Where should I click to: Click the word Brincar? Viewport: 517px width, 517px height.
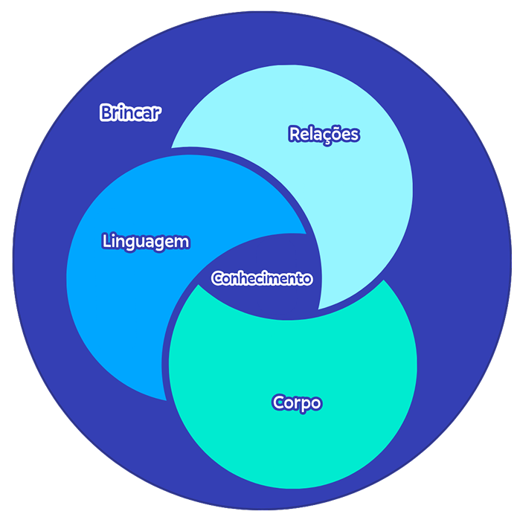pyautogui.click(x=130, y=113)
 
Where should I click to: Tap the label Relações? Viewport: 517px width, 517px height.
pyautogui.click(x=324, y=134)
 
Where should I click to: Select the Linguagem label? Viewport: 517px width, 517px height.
pyautogui.click(x=145, y=242)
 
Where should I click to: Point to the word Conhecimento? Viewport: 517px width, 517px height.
pyautogui.click(x=262, y=278)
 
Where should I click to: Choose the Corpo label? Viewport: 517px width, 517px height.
pyautogui.click(x=297, y=403)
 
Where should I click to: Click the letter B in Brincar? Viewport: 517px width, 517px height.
pyautogui.click(x=105, y=113)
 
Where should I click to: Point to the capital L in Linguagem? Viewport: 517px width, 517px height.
pyautogui.click(x=106, y=242)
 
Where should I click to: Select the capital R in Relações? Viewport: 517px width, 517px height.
pyautogui.click(x=294, y=134)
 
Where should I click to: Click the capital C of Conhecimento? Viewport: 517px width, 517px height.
pyautogui.click(x=216, y=278)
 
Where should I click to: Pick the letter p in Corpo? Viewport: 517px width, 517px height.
pyautogui.click(x=305, y=405)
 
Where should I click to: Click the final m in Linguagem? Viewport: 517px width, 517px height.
pyautogui.click(x=182, y=243)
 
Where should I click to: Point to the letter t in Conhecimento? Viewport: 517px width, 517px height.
pyautogui.click(x=298, y=278)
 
